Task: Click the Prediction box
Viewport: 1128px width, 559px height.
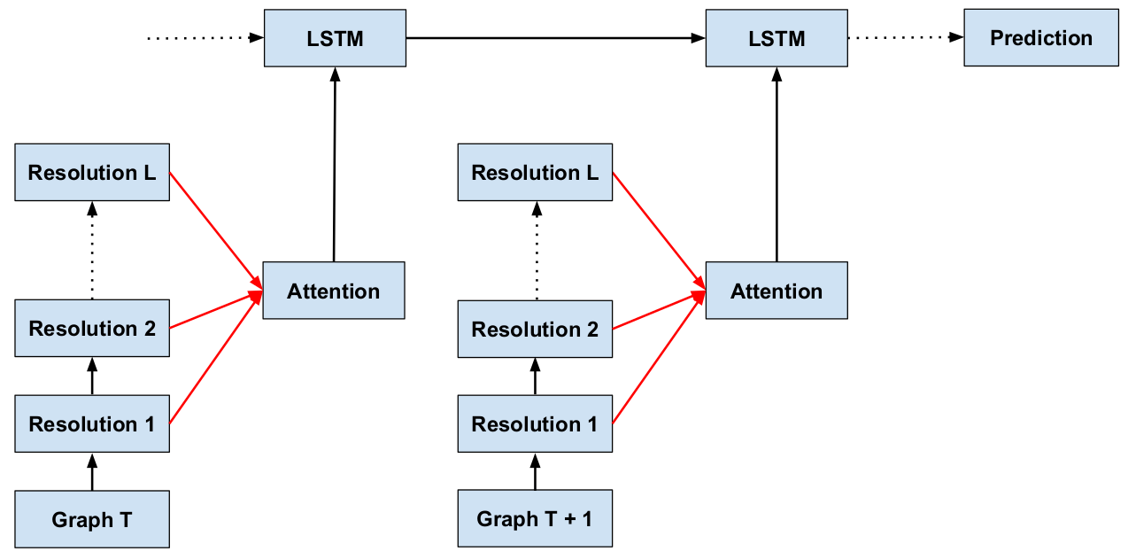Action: (x=1040, y=38)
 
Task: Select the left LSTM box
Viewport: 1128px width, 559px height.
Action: (x=335, y=38)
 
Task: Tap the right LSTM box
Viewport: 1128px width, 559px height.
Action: (x=776, y=38)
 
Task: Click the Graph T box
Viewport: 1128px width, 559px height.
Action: (x=92, y=519)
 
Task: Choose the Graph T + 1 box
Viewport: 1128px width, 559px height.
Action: (x=535, y=519)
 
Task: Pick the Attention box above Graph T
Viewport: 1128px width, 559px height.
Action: (x=334, y=291)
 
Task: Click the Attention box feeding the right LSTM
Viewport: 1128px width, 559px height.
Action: (x=776, y=291)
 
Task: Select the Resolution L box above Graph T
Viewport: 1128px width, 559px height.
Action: (x=92, y=173)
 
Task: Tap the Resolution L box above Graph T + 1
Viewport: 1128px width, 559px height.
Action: (x=535, y=173)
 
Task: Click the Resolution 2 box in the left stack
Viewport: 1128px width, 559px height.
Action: (x=92, y=329)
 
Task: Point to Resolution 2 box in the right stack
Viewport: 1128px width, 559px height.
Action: (x=535, y=329)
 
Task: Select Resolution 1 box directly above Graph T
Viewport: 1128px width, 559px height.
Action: (x=92, y=424)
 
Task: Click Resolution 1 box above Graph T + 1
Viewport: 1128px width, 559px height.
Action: (x=535, y=424)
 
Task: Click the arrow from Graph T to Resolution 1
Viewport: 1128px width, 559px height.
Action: (x=92, y=471)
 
